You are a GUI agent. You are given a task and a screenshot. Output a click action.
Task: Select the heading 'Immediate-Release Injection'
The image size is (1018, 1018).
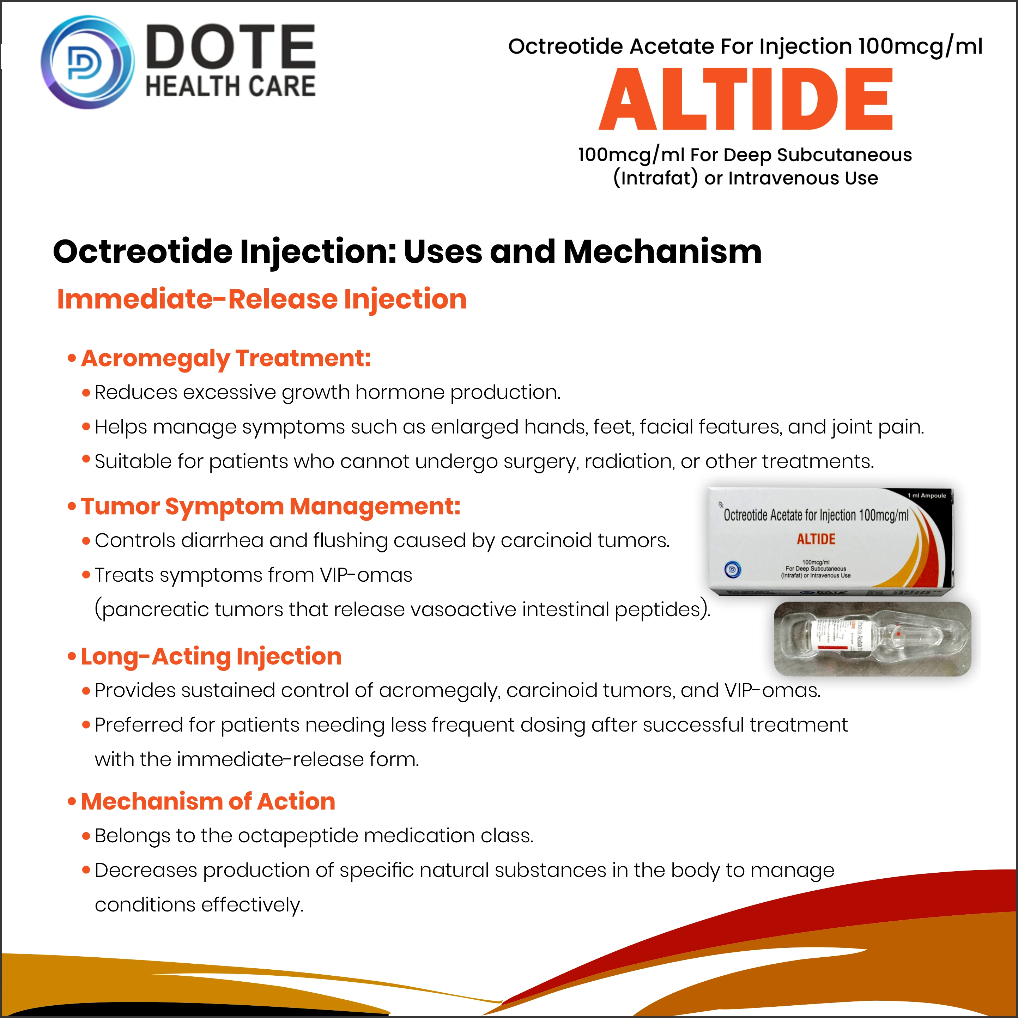click(x=261, y=299)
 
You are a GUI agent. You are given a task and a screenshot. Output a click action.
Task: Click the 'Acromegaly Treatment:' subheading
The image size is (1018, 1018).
click(x=225, y=358)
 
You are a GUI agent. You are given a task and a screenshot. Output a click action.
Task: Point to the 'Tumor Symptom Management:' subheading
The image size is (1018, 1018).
click(x=270, y=507)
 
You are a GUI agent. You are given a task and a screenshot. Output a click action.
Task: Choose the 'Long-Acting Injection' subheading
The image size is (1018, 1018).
click(x=211, y=656)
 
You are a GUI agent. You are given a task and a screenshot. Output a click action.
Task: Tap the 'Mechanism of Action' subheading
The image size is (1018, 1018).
click(x=208, y=801)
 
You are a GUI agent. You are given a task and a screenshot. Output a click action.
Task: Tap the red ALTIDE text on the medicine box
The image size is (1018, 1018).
click(x=816, y=539)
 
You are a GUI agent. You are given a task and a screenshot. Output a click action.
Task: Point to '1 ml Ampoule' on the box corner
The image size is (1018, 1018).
click(x=926, y=495)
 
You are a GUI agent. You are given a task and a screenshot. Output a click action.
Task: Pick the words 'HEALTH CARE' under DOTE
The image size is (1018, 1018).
click(x=231, y=86)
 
